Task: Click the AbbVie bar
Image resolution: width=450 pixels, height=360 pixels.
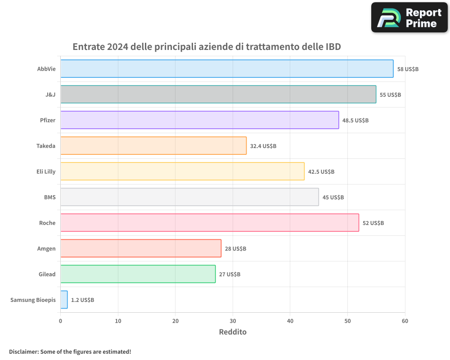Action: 227,69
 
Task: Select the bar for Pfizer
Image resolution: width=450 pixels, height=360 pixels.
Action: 199,120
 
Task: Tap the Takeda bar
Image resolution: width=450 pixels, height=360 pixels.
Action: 153,146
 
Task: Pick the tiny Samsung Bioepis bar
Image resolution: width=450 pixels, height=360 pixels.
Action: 64,300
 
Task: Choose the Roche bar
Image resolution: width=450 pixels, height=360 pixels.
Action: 210,223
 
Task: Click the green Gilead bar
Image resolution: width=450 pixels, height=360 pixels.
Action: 138,274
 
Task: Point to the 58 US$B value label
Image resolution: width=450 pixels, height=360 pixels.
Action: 408,69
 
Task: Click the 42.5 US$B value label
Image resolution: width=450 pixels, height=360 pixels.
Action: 321,171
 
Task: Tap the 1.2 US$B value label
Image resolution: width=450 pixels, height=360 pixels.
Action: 82,300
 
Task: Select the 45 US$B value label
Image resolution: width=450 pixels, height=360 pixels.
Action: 333,197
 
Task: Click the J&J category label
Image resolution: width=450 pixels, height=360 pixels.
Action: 50,94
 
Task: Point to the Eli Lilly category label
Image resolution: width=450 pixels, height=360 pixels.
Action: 46,171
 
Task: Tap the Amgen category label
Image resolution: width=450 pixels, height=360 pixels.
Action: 46,248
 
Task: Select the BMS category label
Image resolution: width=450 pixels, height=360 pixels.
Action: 49,197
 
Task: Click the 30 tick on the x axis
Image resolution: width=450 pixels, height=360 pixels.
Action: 233,321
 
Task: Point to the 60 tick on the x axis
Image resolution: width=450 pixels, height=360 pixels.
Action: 405,321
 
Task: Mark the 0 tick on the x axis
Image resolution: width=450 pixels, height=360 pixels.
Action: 61,321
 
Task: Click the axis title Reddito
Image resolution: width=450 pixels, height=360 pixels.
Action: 233,332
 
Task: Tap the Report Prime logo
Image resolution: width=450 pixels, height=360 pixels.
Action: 409,18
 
